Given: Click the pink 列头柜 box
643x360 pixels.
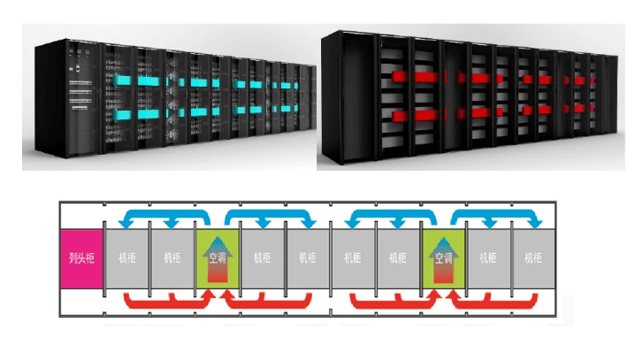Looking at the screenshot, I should (81, 258).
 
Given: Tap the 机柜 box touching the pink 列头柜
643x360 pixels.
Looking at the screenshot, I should (126, 258).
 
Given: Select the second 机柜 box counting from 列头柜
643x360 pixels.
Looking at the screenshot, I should (172, 258).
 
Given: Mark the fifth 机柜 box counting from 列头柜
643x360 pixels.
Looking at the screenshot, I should (353, 258).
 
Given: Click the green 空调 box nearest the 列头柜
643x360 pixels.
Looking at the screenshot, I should (218, 258).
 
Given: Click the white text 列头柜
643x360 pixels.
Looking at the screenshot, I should (81, 258).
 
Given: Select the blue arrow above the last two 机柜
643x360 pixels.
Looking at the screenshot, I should (501, 215).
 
